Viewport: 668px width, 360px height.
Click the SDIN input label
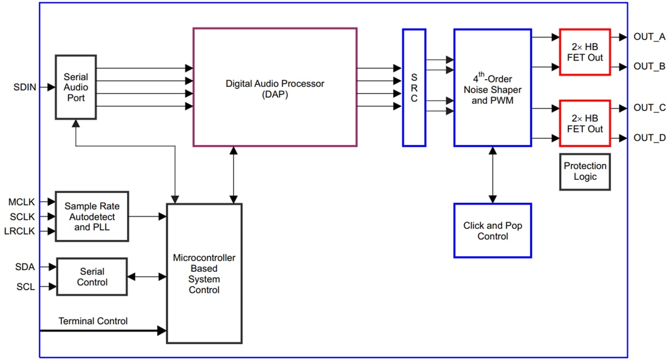point(25,87)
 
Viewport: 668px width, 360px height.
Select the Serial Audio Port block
point(76,87)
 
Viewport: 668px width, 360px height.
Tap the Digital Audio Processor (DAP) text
point(274,89)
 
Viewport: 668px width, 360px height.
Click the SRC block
point(414,87)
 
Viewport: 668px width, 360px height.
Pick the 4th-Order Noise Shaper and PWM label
point(492,89)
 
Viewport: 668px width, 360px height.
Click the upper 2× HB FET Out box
point(585,52)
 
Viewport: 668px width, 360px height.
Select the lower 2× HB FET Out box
point(585,123)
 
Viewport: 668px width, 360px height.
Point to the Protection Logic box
point(585,172)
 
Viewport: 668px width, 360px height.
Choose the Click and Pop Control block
point(492,231)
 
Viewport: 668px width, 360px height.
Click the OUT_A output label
point(649,37)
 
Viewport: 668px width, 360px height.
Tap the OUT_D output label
point(649,138)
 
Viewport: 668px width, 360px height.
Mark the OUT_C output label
point(649,108)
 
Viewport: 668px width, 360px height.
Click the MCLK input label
point(21,202)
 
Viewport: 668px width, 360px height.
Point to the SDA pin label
point(25,267)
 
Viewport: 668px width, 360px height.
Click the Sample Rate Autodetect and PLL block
point(92,217)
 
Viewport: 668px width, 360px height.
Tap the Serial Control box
point(92,277)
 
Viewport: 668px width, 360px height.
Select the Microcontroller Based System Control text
point(204,274)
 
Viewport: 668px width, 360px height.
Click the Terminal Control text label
point(93,321)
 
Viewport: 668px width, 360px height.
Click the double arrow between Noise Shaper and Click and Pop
point(492,175)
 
